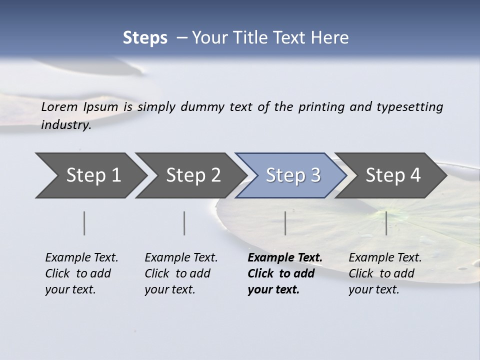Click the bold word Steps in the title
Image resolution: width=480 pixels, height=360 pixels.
(x=145, y=38)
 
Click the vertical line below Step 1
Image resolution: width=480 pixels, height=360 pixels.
(x=84, y=223)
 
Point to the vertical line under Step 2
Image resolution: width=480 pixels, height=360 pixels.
(x=184, y=223)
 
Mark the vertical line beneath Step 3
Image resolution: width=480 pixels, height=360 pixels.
(x=285, y=223)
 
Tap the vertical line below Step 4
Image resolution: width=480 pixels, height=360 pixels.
(x=386, y=223)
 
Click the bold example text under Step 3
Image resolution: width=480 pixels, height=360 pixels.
(x=285, y=273)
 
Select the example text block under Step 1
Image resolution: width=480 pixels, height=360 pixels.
(x=81, y=273)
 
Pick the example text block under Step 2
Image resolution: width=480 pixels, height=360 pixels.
(x=181, y=273)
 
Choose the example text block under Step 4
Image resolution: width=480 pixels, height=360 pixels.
(x=385, y=273)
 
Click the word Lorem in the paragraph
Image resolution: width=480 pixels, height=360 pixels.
(x=59, y=106)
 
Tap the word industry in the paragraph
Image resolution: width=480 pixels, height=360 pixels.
(x=65, y=125)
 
